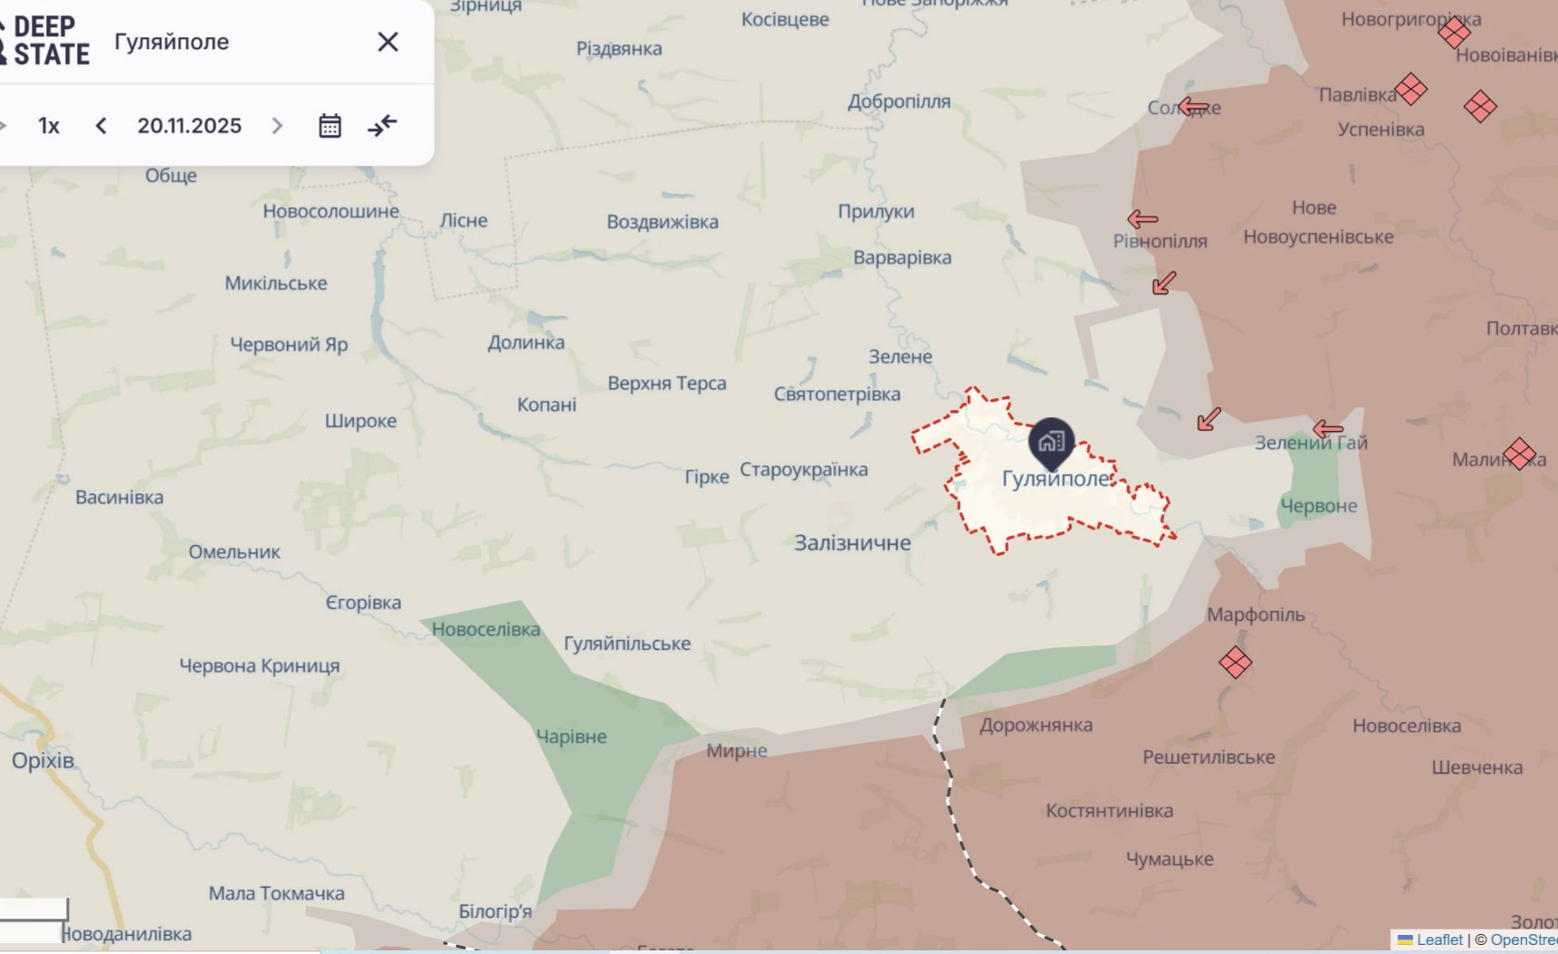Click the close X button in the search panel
(x=387, y=42)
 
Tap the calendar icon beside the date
(x=330, y=126)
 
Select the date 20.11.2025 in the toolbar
(x=189, y=126)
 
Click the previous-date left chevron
(x=101, y=126)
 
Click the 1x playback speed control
(x=49, y=126)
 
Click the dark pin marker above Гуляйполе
(x=1050, y=442)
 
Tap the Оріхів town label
(x=43, y=760)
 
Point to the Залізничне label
(x=852, y=543)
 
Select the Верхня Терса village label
(x=667, y=384)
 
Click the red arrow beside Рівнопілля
(x=1142, y=219)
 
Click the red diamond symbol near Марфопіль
(x=1235, y=663)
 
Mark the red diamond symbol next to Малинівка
(x=1519, y=453)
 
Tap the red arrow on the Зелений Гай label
(x=1327, y=429)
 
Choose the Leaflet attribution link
(x=1438, y=940)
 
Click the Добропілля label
(x=899, y=101)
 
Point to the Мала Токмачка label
(x=276, y=893)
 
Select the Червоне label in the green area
(x=1318, y=506)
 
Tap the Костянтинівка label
(x=1109, y=811)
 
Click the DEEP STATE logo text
(x=51, y=42)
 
